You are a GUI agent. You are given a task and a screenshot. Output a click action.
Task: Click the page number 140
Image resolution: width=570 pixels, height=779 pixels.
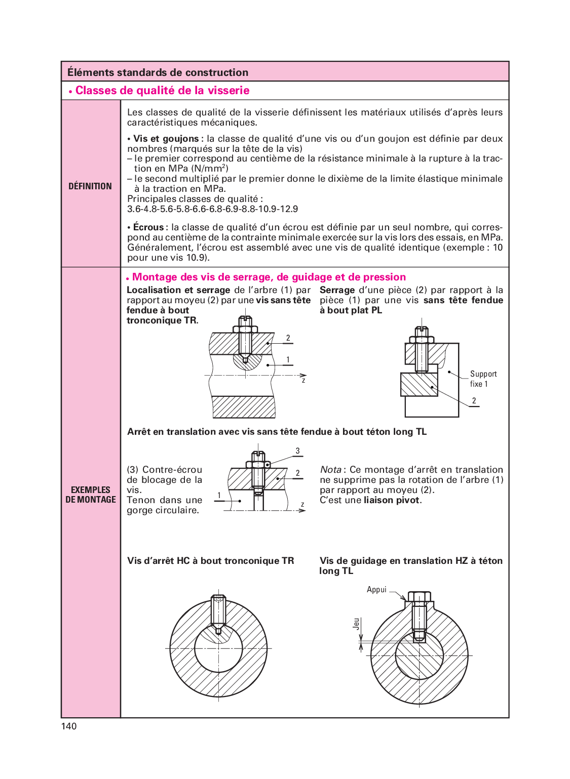[69, 726]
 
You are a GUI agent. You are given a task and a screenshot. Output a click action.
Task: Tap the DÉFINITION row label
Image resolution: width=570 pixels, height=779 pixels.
[90, 186]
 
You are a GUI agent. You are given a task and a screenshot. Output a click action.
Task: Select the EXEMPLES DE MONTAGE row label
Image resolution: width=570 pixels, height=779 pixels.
[91, 495]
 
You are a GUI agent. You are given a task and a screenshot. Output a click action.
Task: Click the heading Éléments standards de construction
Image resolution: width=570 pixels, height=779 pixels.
[158, 72]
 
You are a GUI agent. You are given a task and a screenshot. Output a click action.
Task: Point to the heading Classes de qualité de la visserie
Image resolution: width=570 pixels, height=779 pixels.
[162, 91]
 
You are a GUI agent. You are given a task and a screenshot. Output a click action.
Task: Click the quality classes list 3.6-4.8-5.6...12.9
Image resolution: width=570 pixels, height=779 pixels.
[212, 209]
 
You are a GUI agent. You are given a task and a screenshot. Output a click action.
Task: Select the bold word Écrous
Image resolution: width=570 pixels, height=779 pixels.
[148, 227]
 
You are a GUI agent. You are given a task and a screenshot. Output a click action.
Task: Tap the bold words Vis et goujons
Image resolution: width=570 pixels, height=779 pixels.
[166, 139]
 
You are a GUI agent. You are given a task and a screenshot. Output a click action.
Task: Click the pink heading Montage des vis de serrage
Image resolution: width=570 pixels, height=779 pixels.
[269, 277]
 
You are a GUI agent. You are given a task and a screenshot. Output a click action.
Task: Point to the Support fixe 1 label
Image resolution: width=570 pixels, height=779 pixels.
[483, 379]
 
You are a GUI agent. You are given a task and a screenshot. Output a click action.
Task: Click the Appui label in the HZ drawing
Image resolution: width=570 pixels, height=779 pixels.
[376, 590]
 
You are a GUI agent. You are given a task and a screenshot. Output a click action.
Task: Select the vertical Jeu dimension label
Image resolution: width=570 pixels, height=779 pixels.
[357, 623]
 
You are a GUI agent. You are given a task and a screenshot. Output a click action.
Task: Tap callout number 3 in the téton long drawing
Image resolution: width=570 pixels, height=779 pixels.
[298, 450]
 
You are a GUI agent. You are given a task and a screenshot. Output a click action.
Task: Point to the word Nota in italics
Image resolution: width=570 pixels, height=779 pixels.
[330, 470]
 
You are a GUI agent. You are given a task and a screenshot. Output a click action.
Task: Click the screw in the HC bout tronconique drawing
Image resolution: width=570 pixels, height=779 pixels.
[218, 612]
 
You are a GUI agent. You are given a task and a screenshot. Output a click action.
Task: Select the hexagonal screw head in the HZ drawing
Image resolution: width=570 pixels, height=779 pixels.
[420, 597]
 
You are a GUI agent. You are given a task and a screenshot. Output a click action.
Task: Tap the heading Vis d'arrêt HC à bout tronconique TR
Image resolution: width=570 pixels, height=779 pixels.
[210, 561]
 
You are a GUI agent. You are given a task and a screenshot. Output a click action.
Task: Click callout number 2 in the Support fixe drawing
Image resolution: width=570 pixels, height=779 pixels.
[474, 401]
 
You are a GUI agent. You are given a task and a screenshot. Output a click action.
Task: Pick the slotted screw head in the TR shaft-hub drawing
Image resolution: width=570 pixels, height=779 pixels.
[245, 321]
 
